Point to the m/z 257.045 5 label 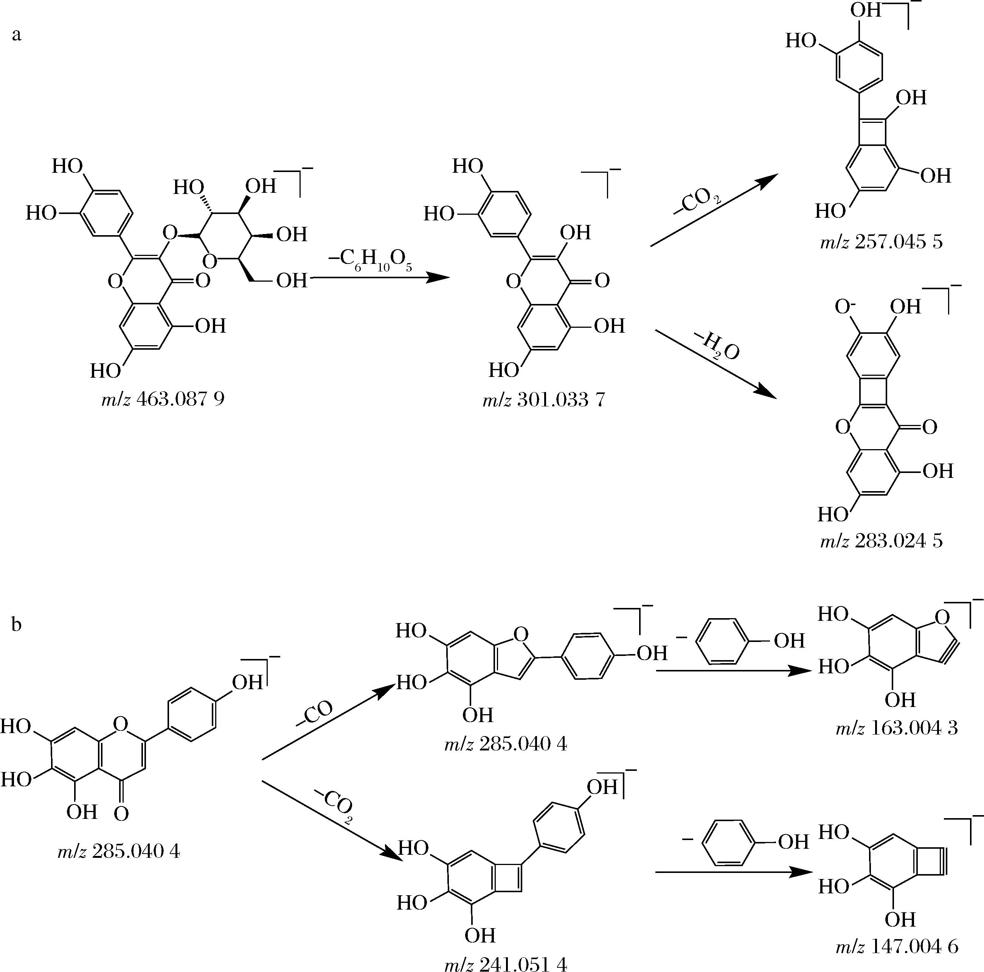[x=881, y=242]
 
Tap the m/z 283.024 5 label [x=881, y=540]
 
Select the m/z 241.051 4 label [x=505, y=964]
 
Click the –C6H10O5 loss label [x=371, y=261]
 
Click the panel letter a [x=17, y=35]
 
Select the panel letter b [x=16, y=624]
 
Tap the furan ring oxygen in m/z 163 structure [x=942, y=618]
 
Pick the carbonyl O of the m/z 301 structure [x=602, y=281]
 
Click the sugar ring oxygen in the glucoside [x=210, y=261]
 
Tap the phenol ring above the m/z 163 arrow [x=723, y=640]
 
